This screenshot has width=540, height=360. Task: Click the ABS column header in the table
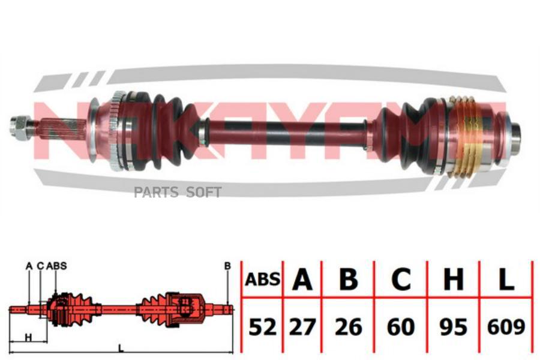click(x=262, y=279)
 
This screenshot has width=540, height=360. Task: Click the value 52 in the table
click(x=262, y=327)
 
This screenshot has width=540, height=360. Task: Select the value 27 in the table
click(x=302, y=327)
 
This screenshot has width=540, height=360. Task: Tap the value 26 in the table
click(x=349, y=327)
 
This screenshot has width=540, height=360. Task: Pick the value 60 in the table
click(x=401, y=327)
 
